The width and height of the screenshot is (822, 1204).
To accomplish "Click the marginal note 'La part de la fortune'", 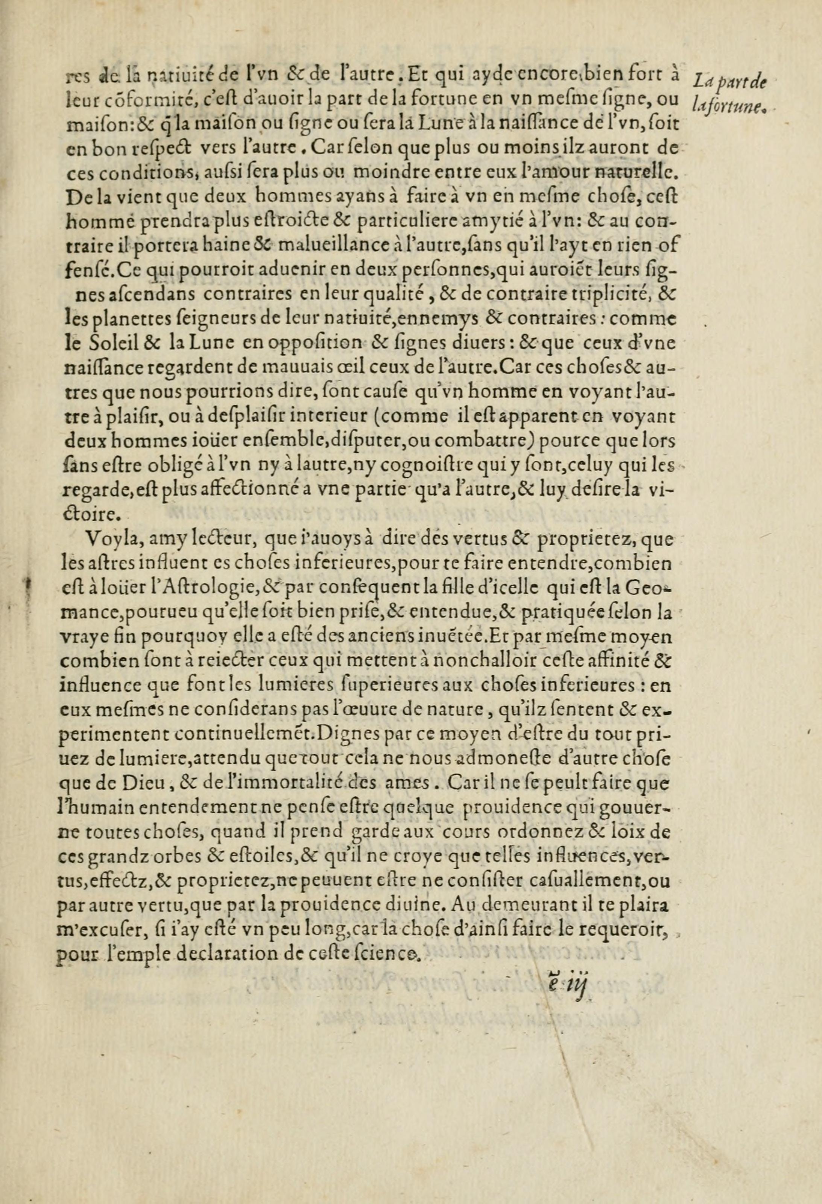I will coord(730,90).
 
